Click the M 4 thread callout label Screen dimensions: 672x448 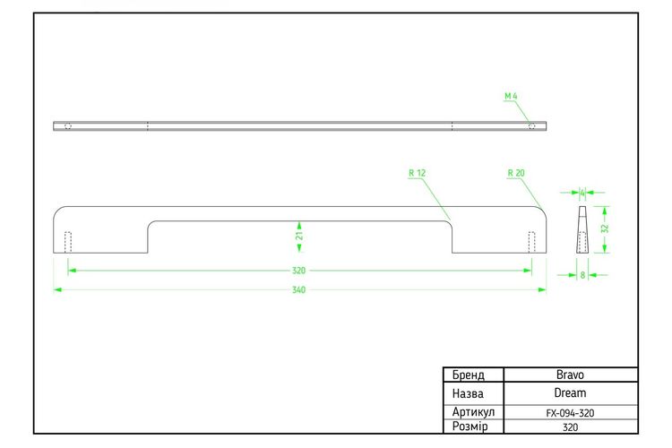pyautogui.click(x=511, y=96)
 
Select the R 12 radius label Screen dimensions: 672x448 pyautogui.click(x=417, y=173)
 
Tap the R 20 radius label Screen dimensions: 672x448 pyautogui.click(x=516, y=173)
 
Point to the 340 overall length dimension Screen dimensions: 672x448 pyautogui.click(x=298, y=290)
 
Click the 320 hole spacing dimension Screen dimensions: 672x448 pyautogui.click(x=298, y=271)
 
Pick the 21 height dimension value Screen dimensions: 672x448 pyautogui.click(x=299, y=236)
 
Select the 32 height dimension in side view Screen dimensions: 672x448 pyautogui.click(x=605, y=228)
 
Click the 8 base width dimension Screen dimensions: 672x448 pyautogui.click(x=582, y=275)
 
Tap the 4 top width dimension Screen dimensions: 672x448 pyautogui.click(x=582, y=193)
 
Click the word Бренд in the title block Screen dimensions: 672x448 pyautogui.click(x=469, y=375)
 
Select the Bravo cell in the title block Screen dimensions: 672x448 pyautogui.click(x=570, y=375)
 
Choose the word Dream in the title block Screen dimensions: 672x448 pyautogui.click(x=570, y=393)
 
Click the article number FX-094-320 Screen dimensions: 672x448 pyautogui.click(x=570, y=413)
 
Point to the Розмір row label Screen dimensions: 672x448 pyautogui.click(x=470, y=427)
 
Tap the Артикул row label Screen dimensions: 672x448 pyautogui.click(x=473, y=412)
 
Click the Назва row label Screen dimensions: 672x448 pyautogui.click(x=468, y=393)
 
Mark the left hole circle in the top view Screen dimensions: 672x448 pyautogui.click(x=68, y=126)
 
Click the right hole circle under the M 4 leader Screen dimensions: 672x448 pyautogui.click(x=532, y=126)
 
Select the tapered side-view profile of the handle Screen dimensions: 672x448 pyautogui.click(x=582, y=229)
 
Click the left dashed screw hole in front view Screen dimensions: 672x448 pyautogui.click(x=68, y=242)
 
